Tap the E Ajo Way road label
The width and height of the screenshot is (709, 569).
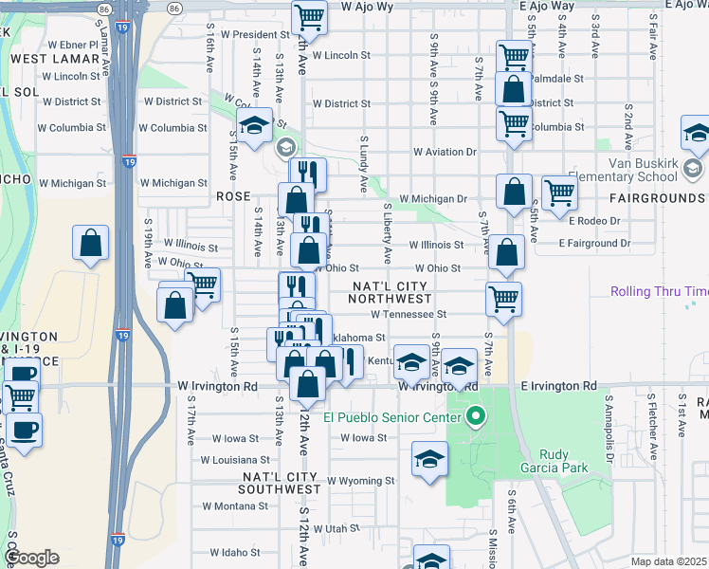coord(547,6)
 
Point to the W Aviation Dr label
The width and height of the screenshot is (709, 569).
coord(445,152)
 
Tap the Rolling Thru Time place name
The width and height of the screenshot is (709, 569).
coord(660,292)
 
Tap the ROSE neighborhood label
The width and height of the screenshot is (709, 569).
coord(233,196)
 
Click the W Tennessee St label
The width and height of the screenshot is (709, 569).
coord(408,314)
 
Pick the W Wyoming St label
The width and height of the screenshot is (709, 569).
coord(361,481)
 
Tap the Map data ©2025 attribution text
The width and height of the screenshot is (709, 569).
coord(668,562)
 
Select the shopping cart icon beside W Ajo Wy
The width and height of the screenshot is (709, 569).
coord(309,17)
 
